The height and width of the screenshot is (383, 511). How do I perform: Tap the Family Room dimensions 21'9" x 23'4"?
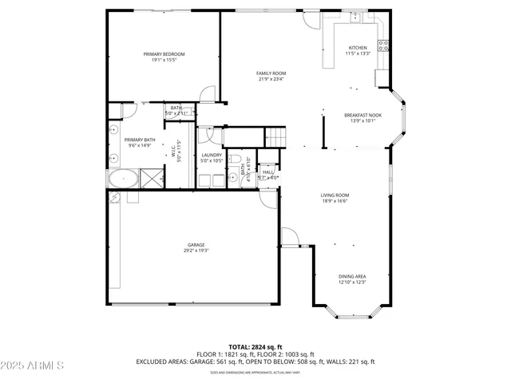tap(271, 79)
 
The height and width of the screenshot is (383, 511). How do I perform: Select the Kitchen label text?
tap(357, 48)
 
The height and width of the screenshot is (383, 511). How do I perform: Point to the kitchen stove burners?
tap(384, 45)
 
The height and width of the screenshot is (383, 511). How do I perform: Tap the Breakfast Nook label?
tap(362, 115)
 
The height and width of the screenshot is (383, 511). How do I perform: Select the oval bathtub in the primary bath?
tap(122, 177)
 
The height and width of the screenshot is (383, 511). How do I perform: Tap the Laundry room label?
tap(212, 155)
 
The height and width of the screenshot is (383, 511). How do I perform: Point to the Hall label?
tap(268, 172)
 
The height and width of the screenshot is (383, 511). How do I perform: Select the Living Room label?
tap(335, 195)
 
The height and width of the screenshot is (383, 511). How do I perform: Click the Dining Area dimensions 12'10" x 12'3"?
tap(351, 282)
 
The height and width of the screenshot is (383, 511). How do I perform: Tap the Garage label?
tap(196, 244)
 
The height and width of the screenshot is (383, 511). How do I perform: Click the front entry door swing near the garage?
tap(288, 237)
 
